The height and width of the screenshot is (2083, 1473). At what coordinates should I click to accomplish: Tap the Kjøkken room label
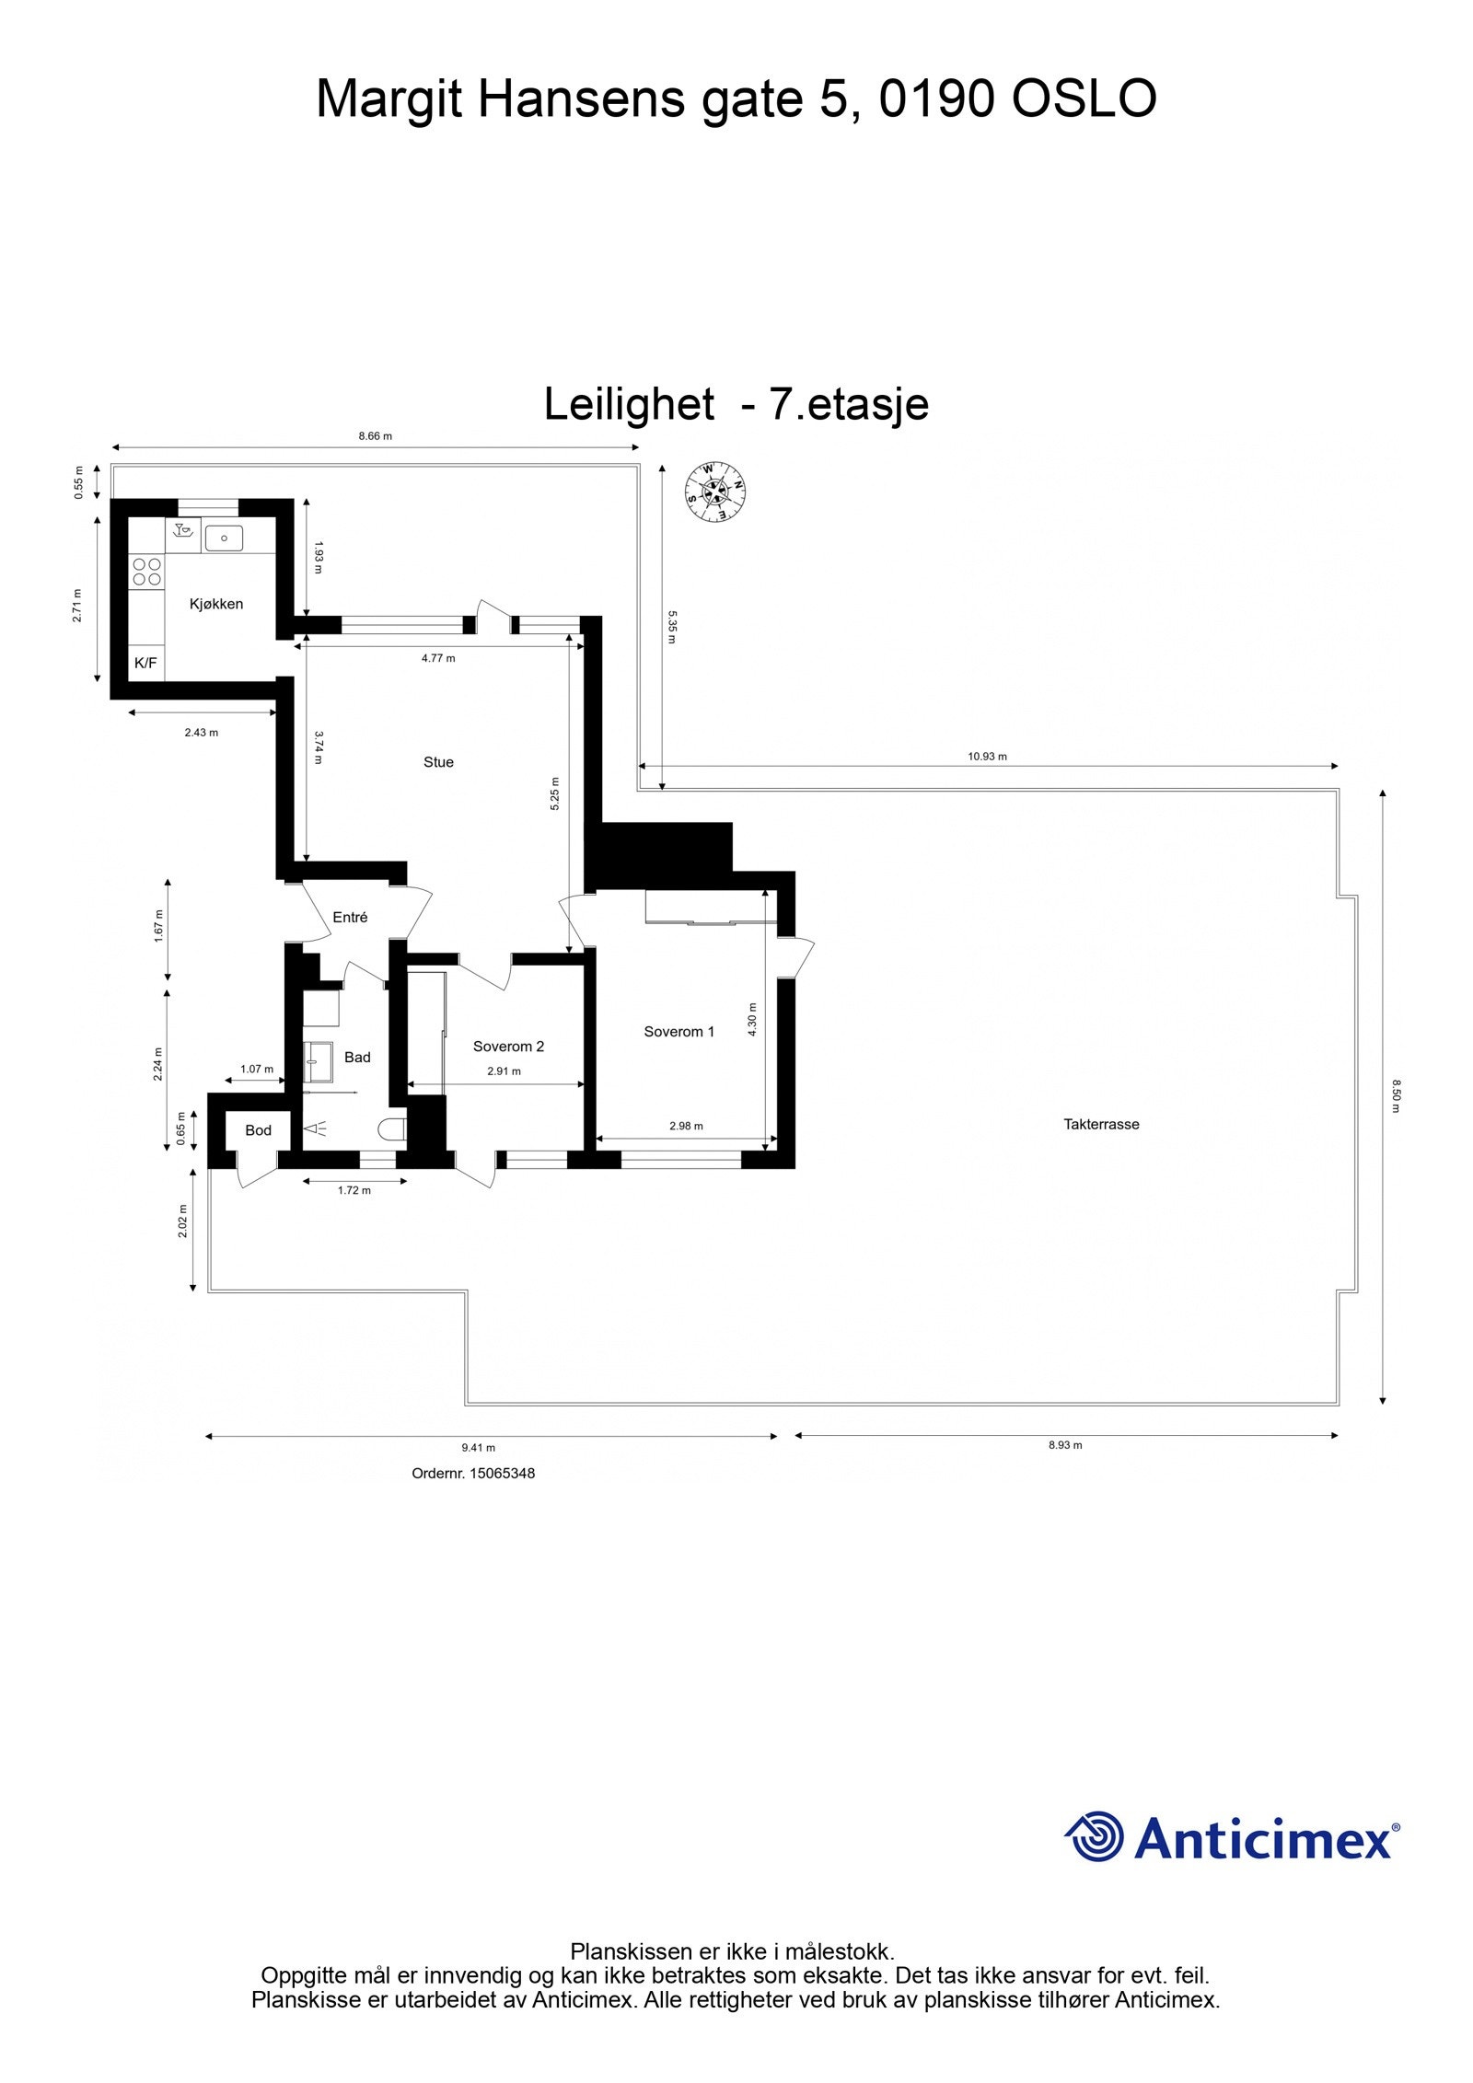(x=216, y=604)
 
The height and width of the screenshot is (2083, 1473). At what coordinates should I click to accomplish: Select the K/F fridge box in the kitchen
(x=145, y=663)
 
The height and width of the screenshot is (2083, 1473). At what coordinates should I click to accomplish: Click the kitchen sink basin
(x=224, y=537)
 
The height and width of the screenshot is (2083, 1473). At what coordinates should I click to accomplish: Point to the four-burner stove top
(x=146, y=572)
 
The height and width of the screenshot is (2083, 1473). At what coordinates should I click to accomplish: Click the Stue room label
(x=438, y=762)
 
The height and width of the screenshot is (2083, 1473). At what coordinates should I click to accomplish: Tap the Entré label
(x=350, y=917)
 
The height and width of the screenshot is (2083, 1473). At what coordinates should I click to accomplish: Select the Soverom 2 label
(x=508, y=1046)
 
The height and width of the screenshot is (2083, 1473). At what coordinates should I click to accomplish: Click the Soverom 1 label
(x=679, y=1031)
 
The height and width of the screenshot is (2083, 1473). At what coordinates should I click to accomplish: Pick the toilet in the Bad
(x=393, y=1129)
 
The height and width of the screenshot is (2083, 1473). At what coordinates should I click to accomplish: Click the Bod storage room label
(x=258, y=1130)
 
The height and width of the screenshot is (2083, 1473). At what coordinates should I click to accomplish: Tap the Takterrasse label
(x=1101, y=1124)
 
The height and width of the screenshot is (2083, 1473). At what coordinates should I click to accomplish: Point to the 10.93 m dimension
(x=987, y=757)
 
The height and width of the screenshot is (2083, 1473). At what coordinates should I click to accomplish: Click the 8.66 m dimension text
(x=375, y=436)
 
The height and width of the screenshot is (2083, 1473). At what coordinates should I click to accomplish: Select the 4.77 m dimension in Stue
(x=438, y=658)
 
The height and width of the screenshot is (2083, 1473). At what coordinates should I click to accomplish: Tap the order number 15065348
(x=502, y=1473)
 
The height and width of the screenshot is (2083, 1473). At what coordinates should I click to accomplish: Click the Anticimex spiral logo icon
(x=1096, y=1836)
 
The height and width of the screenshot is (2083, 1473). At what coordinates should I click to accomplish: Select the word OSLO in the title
(x=1084, y=98)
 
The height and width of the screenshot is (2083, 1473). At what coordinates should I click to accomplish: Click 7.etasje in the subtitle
(x=848, y=403)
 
